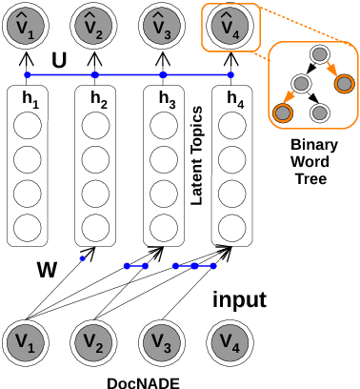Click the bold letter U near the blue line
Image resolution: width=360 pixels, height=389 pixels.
59,60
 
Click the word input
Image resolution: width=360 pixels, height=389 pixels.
238,300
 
